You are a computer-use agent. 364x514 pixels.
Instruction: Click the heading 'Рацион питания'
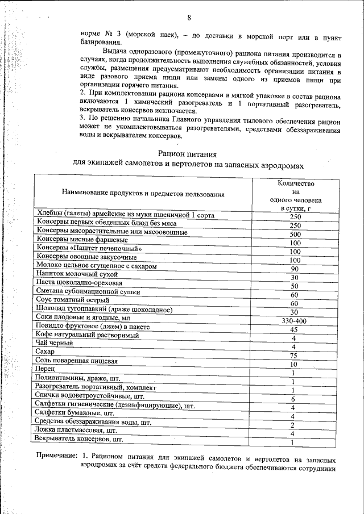[187, 153]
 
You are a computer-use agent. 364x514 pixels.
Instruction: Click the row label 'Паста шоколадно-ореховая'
[78, 282]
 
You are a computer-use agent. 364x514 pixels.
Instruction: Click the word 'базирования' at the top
[100, 43]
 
